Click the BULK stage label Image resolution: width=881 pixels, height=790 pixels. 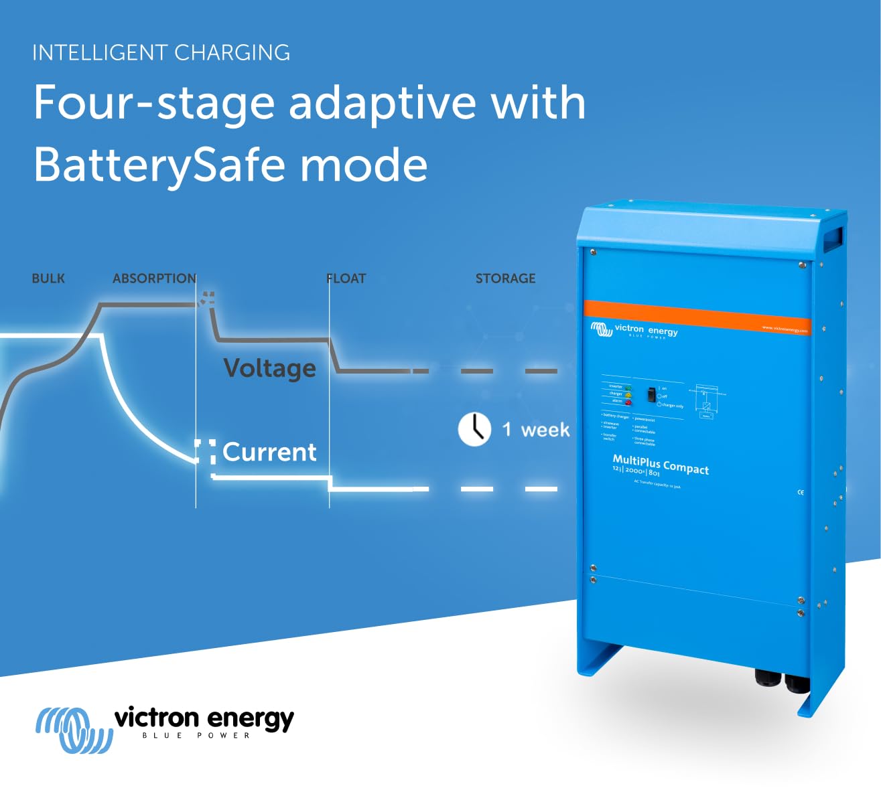click(x=48, y=279)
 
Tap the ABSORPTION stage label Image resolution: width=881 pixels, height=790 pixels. click(x=154, y=279)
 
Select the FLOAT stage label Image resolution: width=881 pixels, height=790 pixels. click(x=346, y=279)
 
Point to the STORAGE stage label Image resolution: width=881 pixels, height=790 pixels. click(x=505, y=279)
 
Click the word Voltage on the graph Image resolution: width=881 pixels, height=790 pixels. click(x=269, y=368)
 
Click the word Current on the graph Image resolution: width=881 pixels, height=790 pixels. click(x=269, y=452)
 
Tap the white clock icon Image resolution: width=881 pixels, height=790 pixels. click(x=474, y=429)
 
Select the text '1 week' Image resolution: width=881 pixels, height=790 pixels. click(x=536, y=429)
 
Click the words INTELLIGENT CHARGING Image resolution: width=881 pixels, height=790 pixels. click(x=161, y=53)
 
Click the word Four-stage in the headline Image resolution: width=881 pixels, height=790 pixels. click(x=154, y=103)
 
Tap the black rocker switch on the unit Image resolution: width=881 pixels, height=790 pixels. click(x=650, y=394)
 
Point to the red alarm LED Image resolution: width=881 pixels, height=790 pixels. click(x=628, y=402)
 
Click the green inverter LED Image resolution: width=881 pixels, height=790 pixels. click(x=628, y=388)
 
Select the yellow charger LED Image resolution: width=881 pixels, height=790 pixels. click(x=628, y=395)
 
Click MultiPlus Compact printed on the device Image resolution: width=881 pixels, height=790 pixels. click(x=661, y=464)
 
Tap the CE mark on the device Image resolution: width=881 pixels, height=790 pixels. click(x=800, y=492)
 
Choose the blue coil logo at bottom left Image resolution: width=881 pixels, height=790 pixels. click(x=73, y=729)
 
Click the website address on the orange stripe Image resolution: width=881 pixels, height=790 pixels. click(x=785, y=329)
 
